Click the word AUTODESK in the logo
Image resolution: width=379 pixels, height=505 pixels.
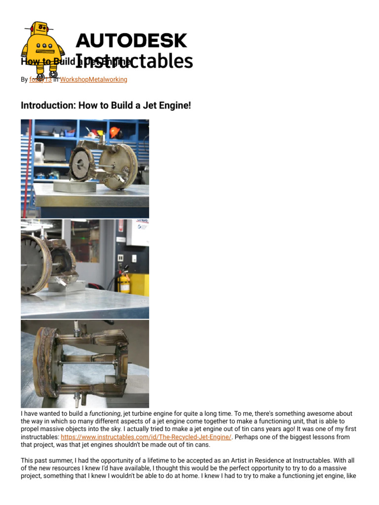131,40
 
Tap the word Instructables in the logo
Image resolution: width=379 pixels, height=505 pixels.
134,61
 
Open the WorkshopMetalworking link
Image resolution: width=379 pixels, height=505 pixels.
94,79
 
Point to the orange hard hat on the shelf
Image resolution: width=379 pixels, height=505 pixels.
115,132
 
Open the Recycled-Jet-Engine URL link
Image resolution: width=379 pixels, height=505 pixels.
146,437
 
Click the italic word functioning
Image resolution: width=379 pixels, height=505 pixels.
105,413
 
